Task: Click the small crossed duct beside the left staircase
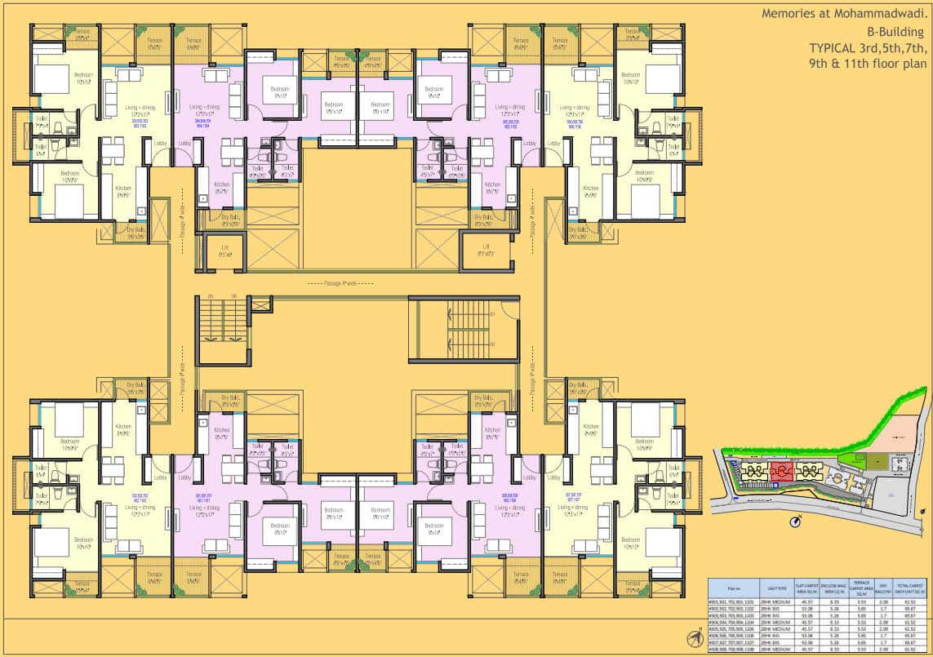262,304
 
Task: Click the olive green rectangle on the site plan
873,462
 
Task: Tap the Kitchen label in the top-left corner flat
123,189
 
